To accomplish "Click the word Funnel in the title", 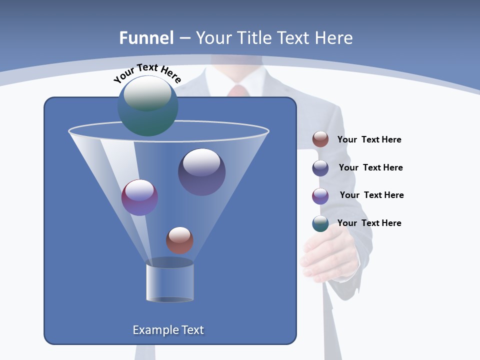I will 146,38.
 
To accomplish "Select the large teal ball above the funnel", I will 147,106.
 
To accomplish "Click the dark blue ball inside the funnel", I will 201,172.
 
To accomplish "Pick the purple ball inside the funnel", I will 139,197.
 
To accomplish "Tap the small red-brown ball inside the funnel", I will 179,240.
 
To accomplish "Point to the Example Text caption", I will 168,330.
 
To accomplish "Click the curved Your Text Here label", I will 147,73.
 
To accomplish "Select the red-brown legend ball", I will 320,139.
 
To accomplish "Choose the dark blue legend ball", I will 320,168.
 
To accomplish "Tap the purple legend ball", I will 320,196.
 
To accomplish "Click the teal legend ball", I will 320,223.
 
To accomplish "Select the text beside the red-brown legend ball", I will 369,140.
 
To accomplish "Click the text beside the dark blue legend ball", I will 370,168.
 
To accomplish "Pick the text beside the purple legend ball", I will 371,195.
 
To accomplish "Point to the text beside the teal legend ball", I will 369,223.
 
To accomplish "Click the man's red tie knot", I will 238,91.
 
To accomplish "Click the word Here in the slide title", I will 334,38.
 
